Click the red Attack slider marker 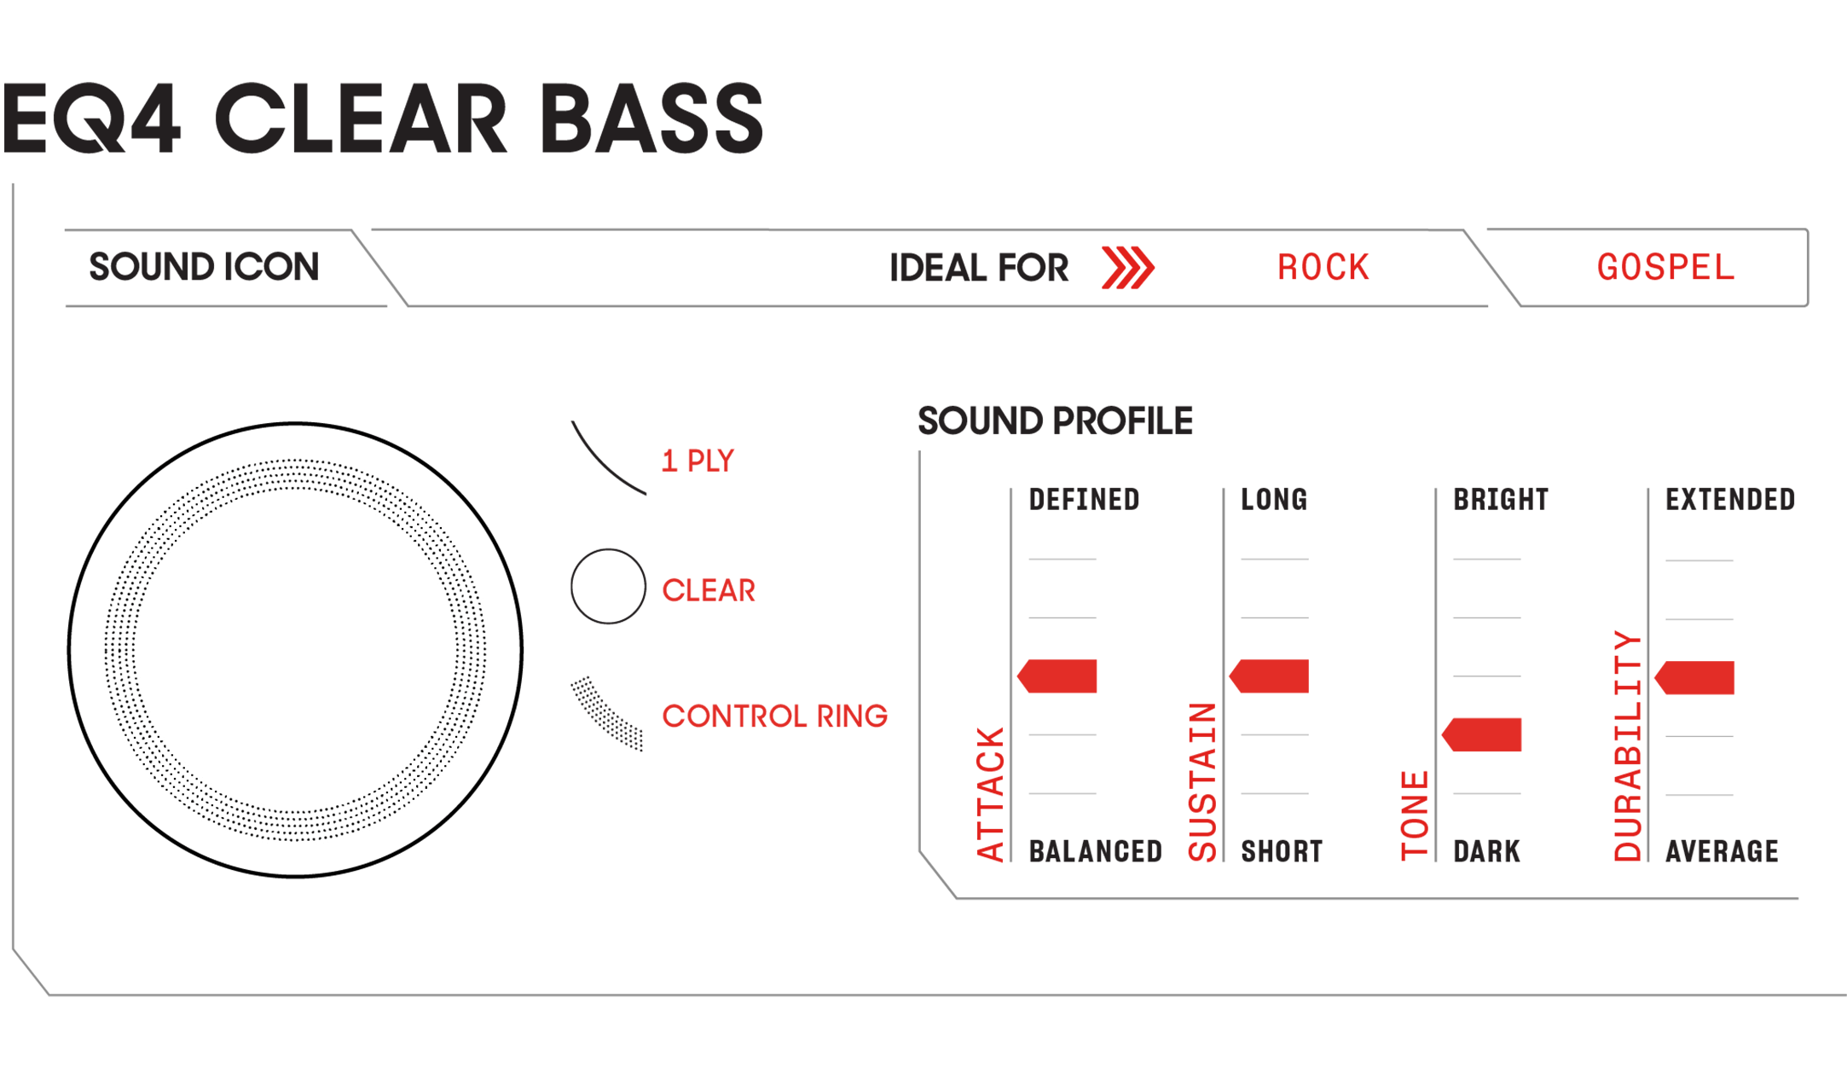coord(1057,676)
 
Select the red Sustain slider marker coord(1269,676)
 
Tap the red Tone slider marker coord(1481,734)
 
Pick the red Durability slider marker coord(1694,677)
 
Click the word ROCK coord(1323,268)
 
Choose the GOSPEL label coord(1665,268)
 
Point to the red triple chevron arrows coord(1127,268)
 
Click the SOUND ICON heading coord(205,267)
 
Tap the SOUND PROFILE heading coord(1055,421)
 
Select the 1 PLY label coord(698,461)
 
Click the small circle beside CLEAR coord(608,586)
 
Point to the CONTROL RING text coord(774,716)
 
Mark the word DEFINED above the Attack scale coord(1084,500)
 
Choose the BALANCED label coord(1096,851)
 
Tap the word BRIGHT coord(1501,500)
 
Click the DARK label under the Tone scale coord(1486,851)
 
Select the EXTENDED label coord(1730,500)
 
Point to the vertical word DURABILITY coord(1627,746)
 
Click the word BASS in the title coord(651,119)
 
